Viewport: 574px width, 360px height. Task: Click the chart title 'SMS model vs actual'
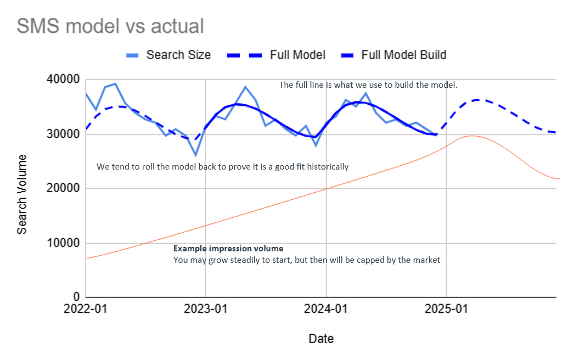(x=110, y=26)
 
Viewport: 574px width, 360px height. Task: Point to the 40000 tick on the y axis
(x=63, y=80)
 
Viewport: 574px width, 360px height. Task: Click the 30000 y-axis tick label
(x=63, y=134)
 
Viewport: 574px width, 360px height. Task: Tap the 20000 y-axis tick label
(x=63, y=188)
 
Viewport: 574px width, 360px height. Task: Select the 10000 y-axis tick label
(x=63, y=243)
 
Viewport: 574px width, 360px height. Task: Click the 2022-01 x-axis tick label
(x=86, y=309)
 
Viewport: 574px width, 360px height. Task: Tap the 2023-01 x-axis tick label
(x=206, y=309)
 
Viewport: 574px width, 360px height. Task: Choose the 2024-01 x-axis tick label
(x=326, y=309)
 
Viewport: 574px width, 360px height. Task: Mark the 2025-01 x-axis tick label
(x=447, y=309)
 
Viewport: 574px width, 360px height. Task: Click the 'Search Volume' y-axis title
(x=22, y=194)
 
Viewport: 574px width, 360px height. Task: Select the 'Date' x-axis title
(x=321, y=339)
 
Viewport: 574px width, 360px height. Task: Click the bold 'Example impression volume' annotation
(x=228, y=249)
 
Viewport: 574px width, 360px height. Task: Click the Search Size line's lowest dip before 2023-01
(x=195, y=155)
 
